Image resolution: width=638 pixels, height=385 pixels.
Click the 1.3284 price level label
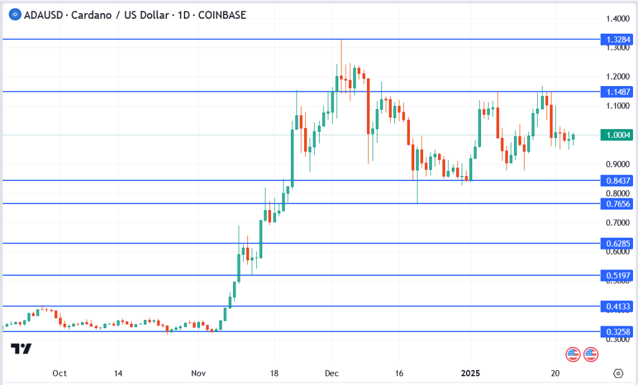click(x=617, y=39)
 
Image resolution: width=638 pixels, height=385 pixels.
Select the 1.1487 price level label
click(x=617, y=92)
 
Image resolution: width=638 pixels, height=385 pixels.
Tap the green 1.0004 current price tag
click(x=617, y=135)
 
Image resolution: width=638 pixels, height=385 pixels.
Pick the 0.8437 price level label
click(x=617, y=180)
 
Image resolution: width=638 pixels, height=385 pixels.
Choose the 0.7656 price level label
click(x=617, y=203)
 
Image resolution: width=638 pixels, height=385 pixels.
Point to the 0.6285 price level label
click(x=617, y=243)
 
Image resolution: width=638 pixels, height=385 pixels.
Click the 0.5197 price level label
click(x=617, y=275)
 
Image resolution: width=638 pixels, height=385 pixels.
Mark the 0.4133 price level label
click(x=617, y=306)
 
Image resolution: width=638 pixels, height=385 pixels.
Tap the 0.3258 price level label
click(x=617, y=331)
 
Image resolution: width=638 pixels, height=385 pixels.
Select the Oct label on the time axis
click(x=60, y=373)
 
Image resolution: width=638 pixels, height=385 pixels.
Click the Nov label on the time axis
click(x=198, y=373)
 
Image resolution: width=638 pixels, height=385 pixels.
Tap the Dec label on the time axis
click(x=331, y=373)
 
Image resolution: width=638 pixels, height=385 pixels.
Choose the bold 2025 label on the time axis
click(x=471, y=373)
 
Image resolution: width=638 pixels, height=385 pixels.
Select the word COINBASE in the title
click(x=222, y=14)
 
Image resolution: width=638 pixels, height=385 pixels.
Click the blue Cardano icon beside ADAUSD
click(x=10, y=14)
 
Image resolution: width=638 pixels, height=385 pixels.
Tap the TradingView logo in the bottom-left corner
click(x=22, y=349)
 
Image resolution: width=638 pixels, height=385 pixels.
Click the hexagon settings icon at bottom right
click(x=618, y=373)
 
